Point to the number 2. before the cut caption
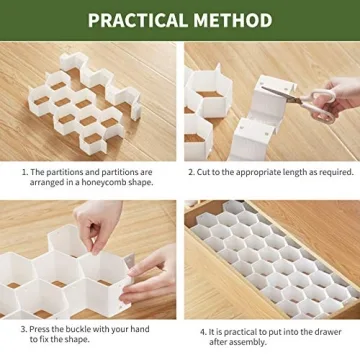pos(190,171)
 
